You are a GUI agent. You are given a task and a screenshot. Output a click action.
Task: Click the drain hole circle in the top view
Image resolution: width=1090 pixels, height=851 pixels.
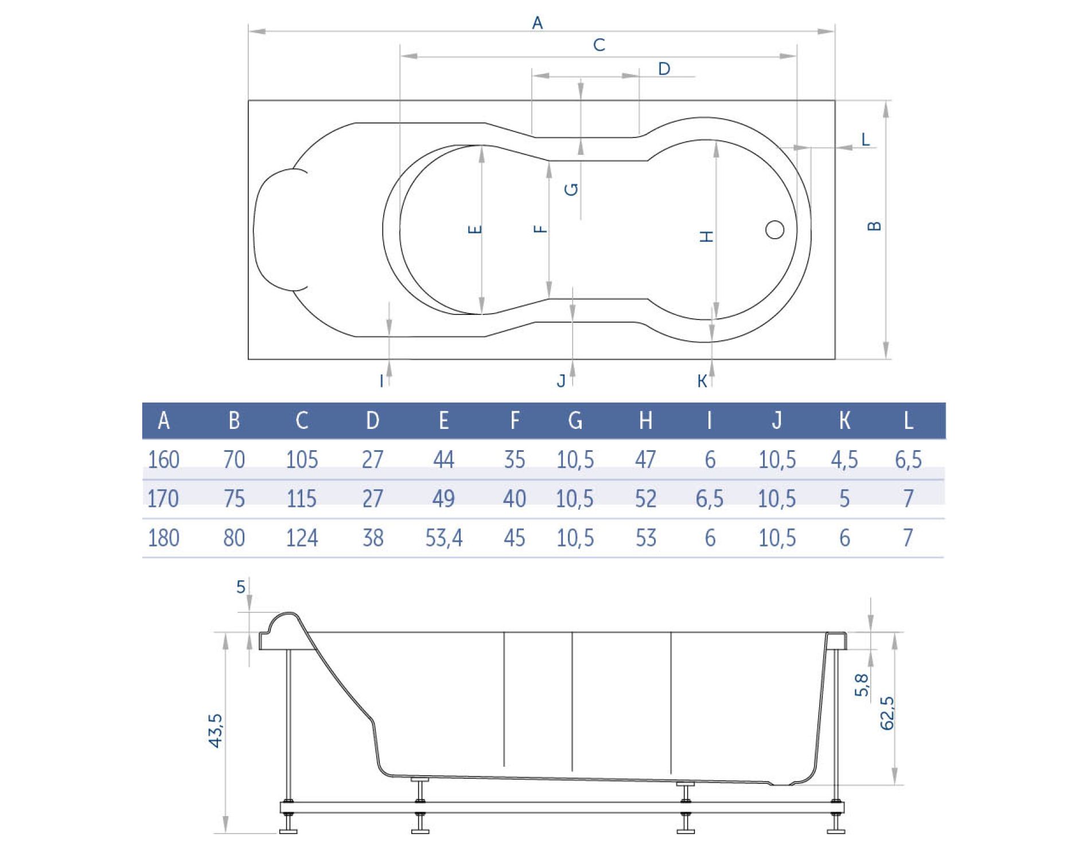tap(775, 230)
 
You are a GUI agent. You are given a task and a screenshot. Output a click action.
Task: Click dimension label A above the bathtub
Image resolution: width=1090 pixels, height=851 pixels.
tap(537, 23)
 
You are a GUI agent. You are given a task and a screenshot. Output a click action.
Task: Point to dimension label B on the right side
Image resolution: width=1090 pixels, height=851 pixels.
tap(874, 226)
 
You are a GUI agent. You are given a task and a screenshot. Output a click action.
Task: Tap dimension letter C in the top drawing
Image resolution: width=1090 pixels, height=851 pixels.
tap(599, 45)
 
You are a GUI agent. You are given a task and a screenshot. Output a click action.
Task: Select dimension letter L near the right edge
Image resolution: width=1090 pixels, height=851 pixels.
tap(866, 139)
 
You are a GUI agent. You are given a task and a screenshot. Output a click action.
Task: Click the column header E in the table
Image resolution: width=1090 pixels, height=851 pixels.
tap(443, 421)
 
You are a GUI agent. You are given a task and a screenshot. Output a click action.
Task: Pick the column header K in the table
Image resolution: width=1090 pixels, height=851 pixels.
tap(844, 421)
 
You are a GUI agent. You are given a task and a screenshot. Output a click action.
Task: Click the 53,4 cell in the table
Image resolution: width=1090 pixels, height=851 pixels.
tap(444, 538)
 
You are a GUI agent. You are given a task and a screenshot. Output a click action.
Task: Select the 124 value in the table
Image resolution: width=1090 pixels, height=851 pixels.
tap(302, 538)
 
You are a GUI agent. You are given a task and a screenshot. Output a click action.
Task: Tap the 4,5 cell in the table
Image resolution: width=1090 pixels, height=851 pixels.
tap(844, 460)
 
